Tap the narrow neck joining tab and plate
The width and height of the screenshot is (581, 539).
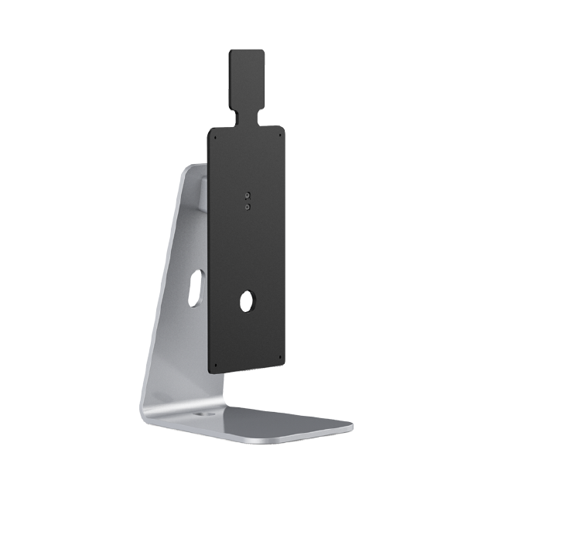pos(248,117)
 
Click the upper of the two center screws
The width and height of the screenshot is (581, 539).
pos(247,196)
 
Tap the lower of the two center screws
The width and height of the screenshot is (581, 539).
pos(247,207)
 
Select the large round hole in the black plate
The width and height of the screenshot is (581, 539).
pos(247,301)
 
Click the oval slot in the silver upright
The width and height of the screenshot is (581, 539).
pos(196,287)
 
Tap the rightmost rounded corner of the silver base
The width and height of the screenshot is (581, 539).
pos(350,426)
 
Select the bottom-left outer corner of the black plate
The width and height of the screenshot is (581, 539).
pos(211,373)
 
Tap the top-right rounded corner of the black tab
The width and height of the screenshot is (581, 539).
pos(262,53)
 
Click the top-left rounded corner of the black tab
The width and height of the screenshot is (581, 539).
pos(231,53)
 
